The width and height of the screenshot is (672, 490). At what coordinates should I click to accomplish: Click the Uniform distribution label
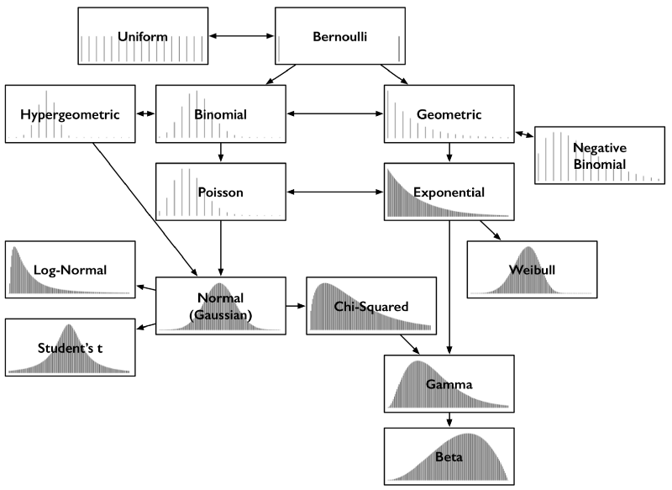[143, 37]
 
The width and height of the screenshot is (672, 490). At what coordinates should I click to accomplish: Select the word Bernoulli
[339, 37]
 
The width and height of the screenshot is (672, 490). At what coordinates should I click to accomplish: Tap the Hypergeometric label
[70, 114]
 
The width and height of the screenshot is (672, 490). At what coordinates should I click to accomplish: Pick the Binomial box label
[220, 114]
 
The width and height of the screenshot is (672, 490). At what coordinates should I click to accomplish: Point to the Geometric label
[449, 114]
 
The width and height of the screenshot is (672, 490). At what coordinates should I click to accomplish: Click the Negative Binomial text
[600, 155]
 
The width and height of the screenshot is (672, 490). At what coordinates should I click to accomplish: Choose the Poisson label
[220, 192]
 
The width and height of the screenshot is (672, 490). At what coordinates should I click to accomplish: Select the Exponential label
[449, 192]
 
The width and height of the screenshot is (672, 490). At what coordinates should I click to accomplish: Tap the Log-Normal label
[70, 270]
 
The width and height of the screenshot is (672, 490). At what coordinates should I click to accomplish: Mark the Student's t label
[70, 347]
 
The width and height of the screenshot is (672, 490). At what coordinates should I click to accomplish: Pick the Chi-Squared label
[370, 307]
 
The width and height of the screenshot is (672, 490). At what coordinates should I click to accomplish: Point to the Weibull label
[532, 270]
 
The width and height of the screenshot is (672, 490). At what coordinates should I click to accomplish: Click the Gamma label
[449, 384]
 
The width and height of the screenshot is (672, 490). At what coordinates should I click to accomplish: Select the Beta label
[449, 457]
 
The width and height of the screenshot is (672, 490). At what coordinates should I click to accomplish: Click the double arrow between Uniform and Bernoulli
[242, 37]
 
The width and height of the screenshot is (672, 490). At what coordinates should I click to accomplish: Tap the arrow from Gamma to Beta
[449, 419]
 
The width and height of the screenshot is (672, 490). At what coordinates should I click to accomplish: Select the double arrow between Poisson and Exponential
[335, 192]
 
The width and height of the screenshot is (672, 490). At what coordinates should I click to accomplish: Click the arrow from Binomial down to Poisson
[221, 153]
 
